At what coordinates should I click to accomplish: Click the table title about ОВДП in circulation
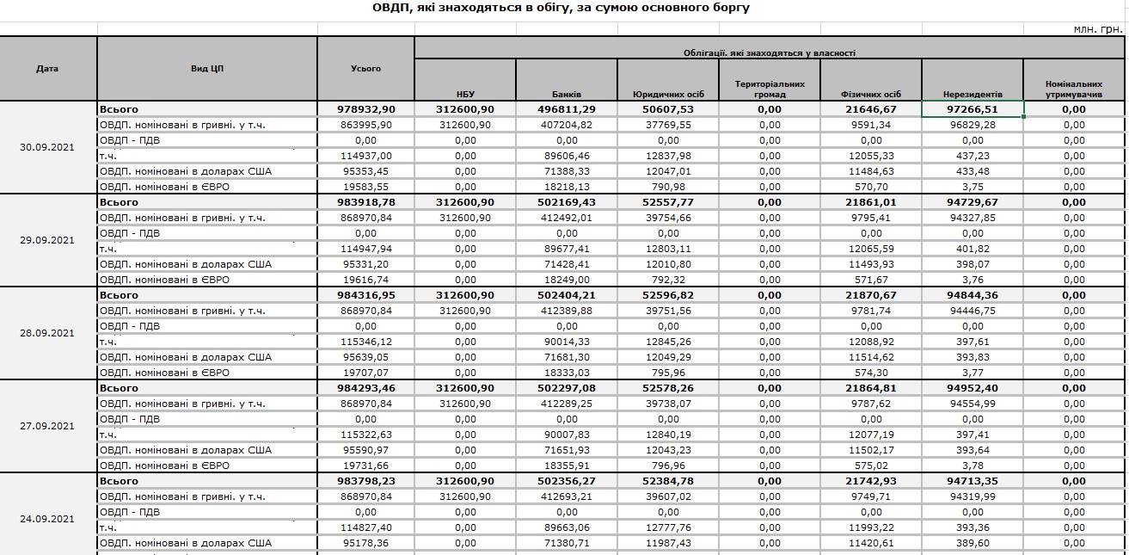pos(561,8)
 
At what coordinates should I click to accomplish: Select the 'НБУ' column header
pos(465,94)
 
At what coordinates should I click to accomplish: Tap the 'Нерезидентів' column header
pos(973,94)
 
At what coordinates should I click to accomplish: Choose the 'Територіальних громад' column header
pos(770,89)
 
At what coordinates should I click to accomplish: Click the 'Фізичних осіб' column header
pos(871,94)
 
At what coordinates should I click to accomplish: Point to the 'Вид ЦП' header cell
pos(207,69)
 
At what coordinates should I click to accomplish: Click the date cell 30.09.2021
pos(47,147)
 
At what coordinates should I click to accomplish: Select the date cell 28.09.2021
pos(47,333)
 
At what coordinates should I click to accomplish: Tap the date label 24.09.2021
pos(47,519)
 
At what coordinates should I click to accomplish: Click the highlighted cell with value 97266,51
pos(973,109)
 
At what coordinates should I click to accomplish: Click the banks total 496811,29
pos(567,109)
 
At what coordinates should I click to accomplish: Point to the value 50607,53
pos(667,109)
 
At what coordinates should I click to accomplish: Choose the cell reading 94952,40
pos(973,388)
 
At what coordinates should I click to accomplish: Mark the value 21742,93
pos(871,481)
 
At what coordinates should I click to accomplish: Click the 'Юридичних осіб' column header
pos(668,94)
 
